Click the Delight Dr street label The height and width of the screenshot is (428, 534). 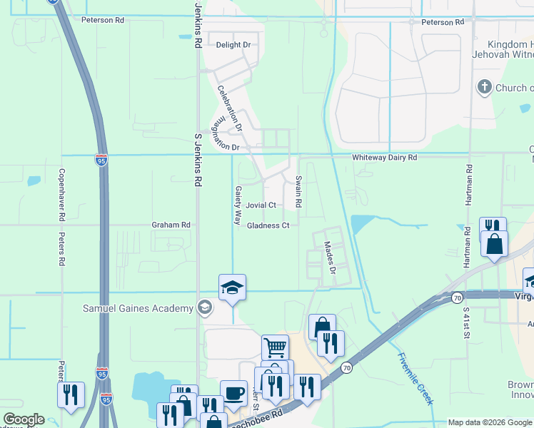coord(233,45)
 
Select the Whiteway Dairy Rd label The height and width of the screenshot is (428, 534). coord(384,158)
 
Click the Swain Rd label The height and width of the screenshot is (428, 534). coord(299,192)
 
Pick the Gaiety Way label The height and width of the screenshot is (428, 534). coord(238,205)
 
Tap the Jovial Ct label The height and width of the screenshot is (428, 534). coord(261,205)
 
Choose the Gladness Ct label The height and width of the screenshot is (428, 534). coord(268,226)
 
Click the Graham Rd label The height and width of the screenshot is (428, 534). coord(171,225)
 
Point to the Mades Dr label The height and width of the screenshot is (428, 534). coord(329,258)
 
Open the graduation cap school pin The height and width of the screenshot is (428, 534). coord(232,287)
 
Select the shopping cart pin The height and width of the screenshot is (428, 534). coord(275,348)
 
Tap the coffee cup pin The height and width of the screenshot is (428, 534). coord(233,393)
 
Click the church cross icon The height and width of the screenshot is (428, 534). coord(485,88)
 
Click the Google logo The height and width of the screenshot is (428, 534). coord(24,419)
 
